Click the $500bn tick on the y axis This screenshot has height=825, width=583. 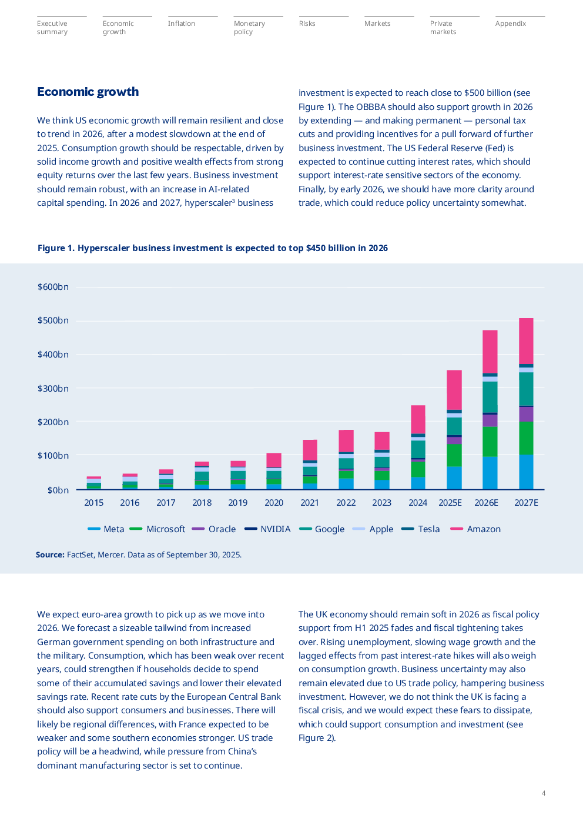click(x=53, y=320)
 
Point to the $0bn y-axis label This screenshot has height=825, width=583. click(x=58, y=490)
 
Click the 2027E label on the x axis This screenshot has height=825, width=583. click(x=526, y=503)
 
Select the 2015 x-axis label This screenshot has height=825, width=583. click(x=94, y=503)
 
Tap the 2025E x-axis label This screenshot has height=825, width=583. click(x=450, y=503)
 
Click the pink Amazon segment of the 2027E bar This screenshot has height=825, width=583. click(x=526, y=341)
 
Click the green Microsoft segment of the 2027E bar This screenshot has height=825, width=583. click(x=526, y=438)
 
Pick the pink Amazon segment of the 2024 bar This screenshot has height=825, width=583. click(x=418, y=419)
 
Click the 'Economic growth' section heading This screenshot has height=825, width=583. click(x=88, y=92)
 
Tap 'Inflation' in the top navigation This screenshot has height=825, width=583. click(x=181, y=24)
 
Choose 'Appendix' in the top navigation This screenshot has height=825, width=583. click(x=510, y=24)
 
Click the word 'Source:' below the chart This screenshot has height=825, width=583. click(x=50, y=555)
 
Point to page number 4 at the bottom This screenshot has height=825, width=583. click(x=544, y=793)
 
